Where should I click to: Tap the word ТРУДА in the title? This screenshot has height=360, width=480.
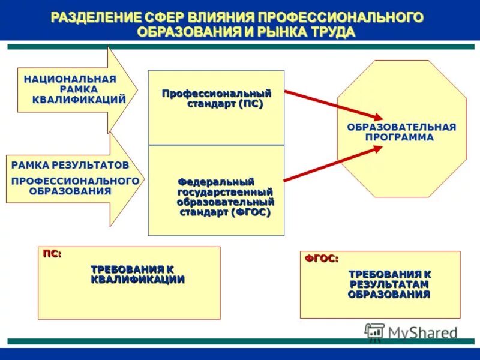tap(329, 31)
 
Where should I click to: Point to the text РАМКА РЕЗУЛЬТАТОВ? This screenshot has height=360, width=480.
tap(70, 164)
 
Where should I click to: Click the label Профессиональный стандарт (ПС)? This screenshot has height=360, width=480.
tap(217, 98)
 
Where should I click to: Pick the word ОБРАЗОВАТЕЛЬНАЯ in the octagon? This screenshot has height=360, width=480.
tap(401, 127)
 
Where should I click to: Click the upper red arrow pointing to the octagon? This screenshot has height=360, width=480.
tap(333, 104)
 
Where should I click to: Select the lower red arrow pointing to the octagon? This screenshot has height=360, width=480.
tap(333, 164)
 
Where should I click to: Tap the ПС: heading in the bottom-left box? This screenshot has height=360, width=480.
tap(52, 254)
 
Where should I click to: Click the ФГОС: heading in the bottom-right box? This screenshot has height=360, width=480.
tap(321, 258)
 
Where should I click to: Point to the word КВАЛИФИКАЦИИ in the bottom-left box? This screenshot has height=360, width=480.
tap(137, 280)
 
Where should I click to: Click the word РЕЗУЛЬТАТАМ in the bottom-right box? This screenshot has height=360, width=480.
tap(389, 284)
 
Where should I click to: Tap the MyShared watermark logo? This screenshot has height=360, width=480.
tap(411, 332)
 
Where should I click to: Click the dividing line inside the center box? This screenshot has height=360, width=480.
tap(217, 145)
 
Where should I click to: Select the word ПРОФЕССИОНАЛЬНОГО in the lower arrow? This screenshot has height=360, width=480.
tap(76, 181)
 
